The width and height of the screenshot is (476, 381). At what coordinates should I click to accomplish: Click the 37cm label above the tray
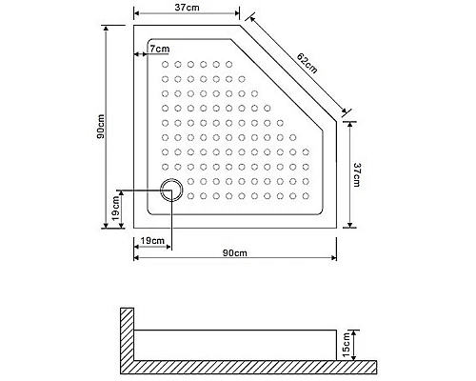coord(187,9)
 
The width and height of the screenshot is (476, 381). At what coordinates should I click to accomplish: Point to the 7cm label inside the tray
coord(160,49)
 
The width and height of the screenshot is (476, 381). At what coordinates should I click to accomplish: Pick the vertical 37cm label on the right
coord(357,175)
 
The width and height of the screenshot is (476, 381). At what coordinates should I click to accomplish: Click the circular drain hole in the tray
coord(171,190)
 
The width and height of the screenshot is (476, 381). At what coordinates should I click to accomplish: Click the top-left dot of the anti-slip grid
coord(165,65)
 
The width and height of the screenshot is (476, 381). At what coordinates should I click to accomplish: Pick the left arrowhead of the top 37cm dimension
coord(136,15)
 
